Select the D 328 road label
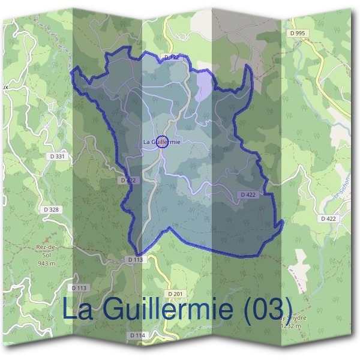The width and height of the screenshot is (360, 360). [x=52, y=209]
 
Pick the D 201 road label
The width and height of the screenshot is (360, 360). [x=175, y=293]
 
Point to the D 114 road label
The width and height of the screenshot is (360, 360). [x=137, y=334]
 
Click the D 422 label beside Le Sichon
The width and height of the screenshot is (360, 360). [x=328, y=218]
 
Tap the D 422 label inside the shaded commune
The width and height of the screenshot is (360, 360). [x=248, y=195]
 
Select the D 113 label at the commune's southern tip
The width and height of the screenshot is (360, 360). [x=136, y=259]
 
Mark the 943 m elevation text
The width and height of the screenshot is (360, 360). [x=46, y=263]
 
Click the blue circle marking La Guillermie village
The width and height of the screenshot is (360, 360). [x=161, y=142]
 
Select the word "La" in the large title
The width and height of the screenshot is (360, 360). [x=77, y=308]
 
